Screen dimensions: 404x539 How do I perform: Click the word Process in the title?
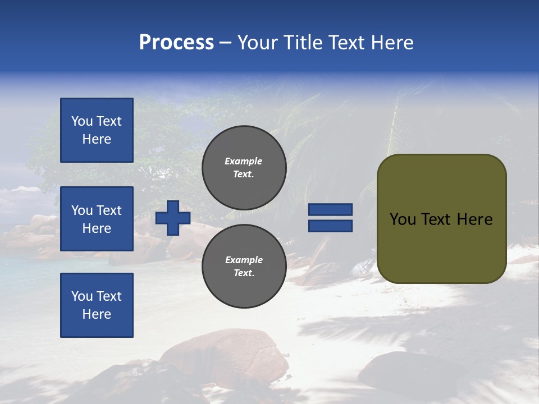tap(176, 43)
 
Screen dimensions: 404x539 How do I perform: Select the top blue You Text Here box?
tap(97, 130)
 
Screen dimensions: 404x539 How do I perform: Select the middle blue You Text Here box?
tap(97, 219)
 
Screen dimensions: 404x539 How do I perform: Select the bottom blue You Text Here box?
tap(97, 305)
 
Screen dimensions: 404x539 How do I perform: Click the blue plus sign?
tap(173, 218)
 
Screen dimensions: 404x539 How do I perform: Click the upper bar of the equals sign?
tap(330, 210)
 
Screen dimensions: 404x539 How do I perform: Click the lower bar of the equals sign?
tap(330, 226)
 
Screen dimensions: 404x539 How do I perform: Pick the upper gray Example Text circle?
tap(244, 167)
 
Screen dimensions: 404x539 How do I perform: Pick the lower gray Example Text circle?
tap(244, 266)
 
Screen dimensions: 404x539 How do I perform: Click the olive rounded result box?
tap(441, 219)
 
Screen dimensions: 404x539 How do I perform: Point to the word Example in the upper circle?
tap(244, 161)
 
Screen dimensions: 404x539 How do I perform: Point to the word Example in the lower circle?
tap(244, 260)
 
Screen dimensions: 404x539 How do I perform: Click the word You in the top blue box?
tap(82, 121)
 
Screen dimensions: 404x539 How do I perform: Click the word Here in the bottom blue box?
tap(97, 314)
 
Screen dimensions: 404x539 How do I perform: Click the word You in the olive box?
tap(403, 219)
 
